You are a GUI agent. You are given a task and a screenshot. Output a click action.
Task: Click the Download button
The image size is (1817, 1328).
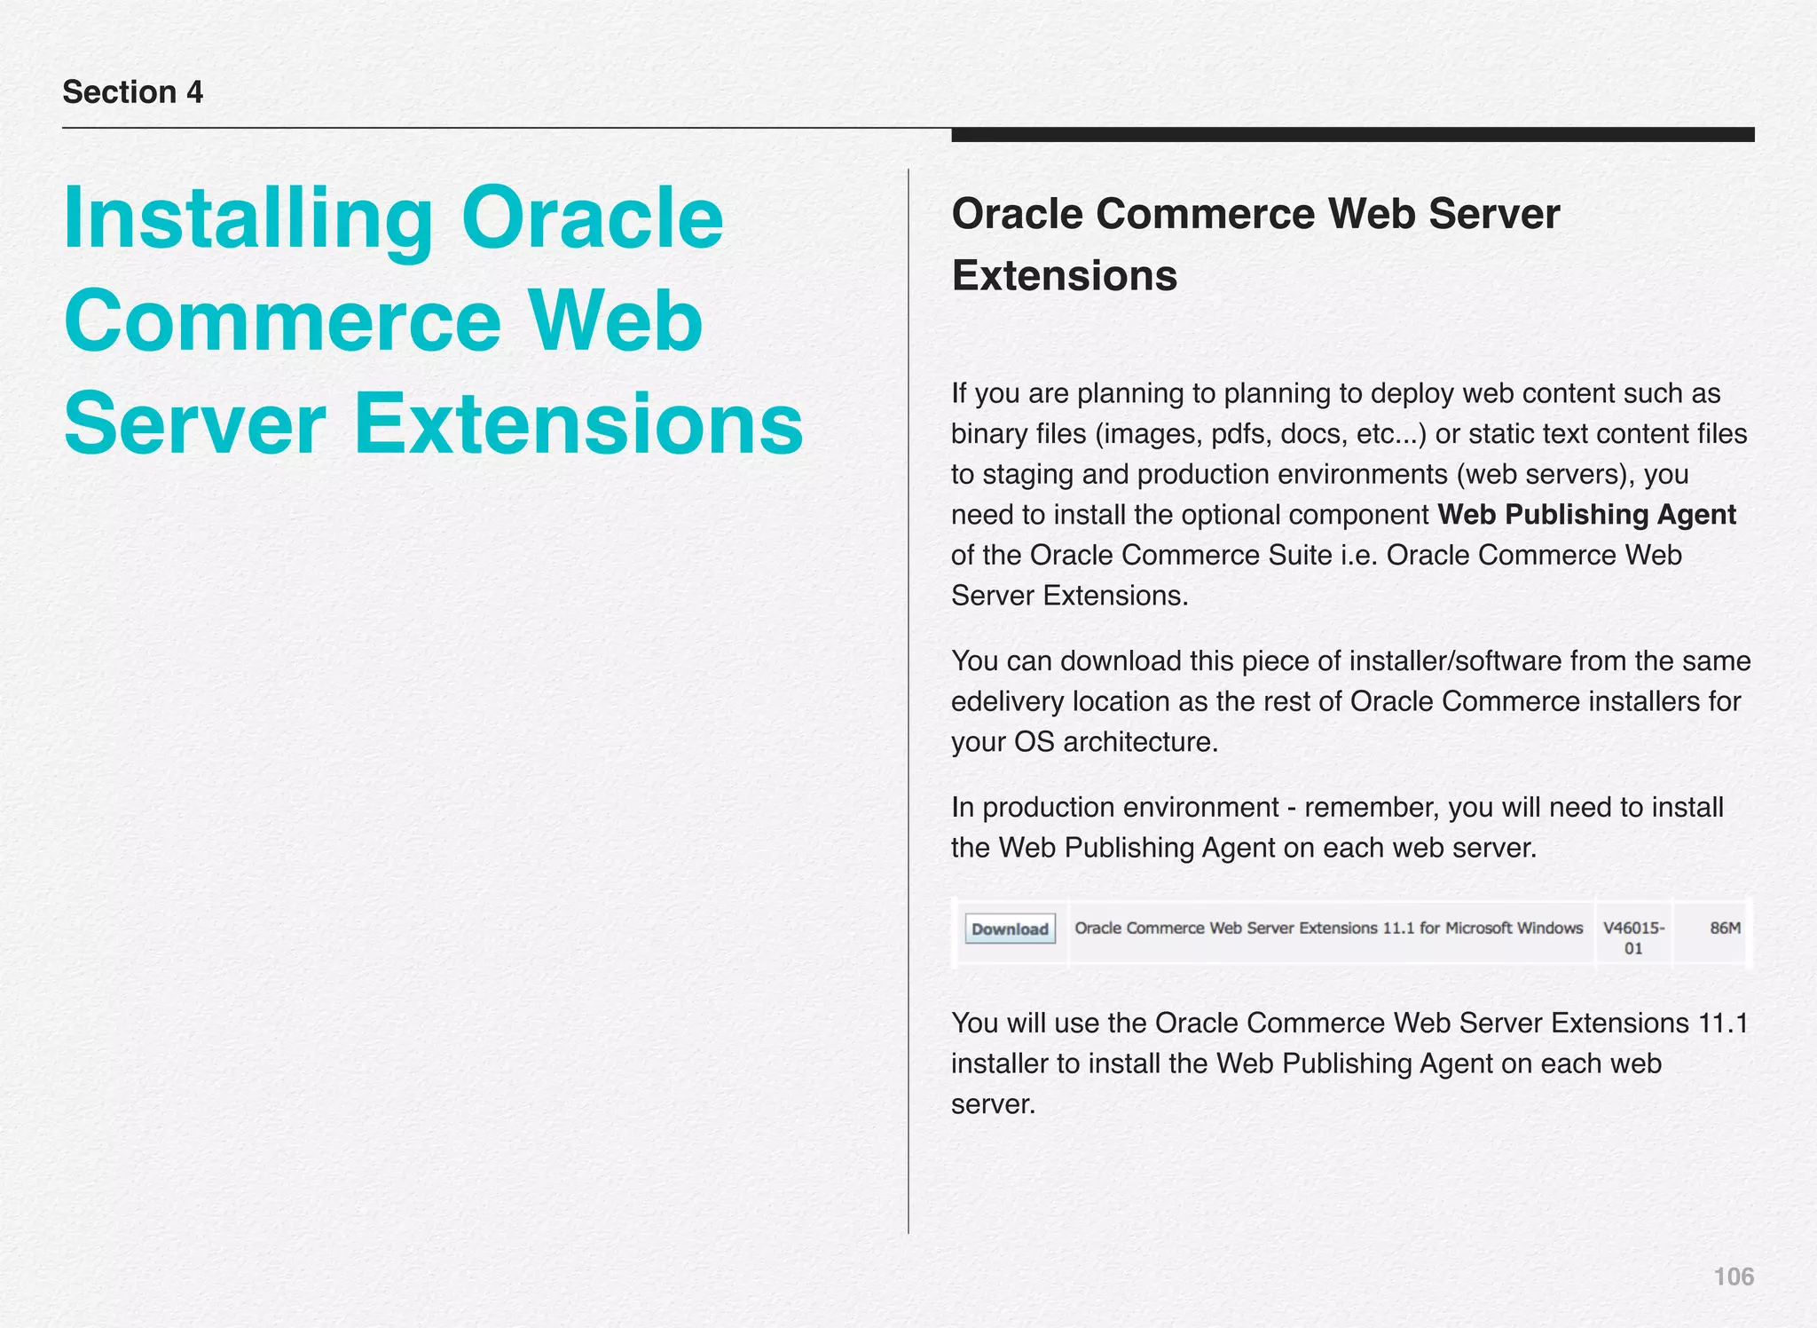1010,929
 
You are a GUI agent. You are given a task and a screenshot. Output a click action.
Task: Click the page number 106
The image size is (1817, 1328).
1733,1277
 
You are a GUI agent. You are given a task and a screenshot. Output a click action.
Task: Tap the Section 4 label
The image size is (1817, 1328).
133,92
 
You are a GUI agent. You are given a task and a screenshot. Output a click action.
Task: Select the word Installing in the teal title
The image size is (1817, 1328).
248,219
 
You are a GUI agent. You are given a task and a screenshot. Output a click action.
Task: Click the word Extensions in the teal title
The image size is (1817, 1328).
578,424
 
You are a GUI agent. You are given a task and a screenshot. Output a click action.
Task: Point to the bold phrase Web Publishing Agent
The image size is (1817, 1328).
1586,514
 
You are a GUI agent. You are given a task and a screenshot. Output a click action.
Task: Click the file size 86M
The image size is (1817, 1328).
1725,928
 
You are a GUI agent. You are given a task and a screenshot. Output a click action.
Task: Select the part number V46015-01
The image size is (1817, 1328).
1633,937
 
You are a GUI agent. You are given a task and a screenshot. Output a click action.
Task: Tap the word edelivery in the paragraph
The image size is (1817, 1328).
1008,701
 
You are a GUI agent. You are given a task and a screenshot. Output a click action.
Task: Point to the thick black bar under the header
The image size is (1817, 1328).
1352,135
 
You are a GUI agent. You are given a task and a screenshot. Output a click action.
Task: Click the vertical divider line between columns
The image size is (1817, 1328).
908,701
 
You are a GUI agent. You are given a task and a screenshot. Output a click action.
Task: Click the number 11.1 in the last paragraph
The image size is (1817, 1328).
1722,1023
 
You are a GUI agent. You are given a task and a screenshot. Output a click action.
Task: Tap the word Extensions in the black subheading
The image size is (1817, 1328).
1064,275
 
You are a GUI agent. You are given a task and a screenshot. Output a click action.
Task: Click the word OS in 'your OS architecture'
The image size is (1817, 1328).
1034,741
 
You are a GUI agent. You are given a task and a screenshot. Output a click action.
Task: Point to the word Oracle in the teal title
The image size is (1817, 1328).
592,219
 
